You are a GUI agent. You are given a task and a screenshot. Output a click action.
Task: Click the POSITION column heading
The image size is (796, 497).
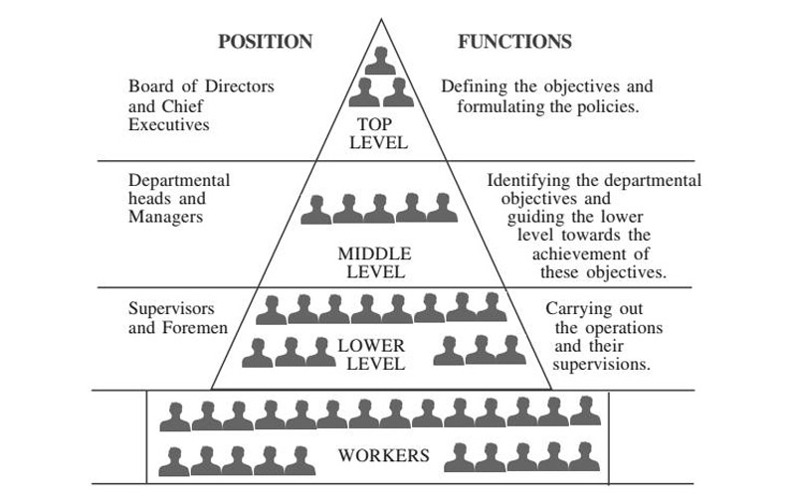pos(265,42)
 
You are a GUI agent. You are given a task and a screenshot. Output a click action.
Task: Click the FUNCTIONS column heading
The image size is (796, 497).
pos(514,42)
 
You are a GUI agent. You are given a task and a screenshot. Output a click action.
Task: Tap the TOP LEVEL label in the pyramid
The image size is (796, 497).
pos(382,133)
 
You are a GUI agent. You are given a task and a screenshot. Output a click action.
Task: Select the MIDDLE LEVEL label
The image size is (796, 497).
pos(374,262)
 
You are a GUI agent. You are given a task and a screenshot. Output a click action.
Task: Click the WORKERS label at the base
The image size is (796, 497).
pos(384,456)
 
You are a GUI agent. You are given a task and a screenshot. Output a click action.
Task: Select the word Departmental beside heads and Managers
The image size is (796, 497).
pos(179,180)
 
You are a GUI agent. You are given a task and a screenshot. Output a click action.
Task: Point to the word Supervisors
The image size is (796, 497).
pos(171,308)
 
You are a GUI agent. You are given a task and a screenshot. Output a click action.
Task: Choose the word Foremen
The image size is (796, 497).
pos(194,327)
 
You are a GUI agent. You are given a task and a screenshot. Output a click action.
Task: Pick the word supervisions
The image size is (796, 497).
pos(602,365)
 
